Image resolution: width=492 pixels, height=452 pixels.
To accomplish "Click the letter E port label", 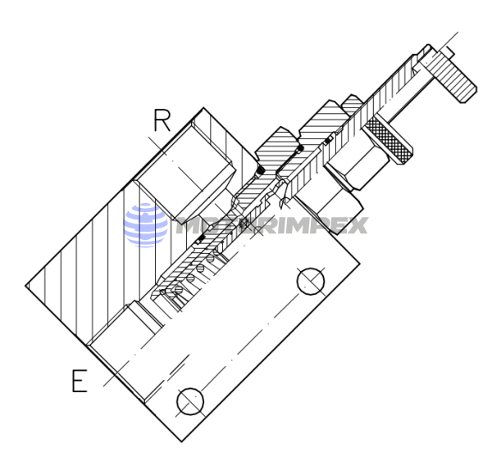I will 79,382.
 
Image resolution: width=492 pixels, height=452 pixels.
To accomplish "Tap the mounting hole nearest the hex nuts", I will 311,281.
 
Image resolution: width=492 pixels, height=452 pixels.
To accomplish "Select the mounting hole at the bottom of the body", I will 189,401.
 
